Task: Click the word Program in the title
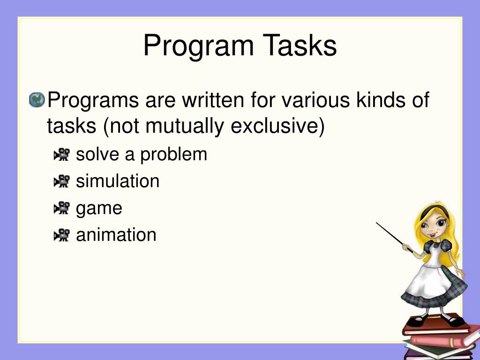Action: [199, 46]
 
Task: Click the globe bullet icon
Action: [37, 100]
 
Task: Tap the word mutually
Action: [185, 127]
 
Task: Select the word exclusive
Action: [275, 126]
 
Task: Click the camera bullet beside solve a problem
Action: [61, 154]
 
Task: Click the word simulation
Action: [118, 181]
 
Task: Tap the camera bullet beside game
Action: [61, 208]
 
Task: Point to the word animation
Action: [116, 235]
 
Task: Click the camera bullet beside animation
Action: [61, 235]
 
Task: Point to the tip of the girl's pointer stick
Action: [376, 223]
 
